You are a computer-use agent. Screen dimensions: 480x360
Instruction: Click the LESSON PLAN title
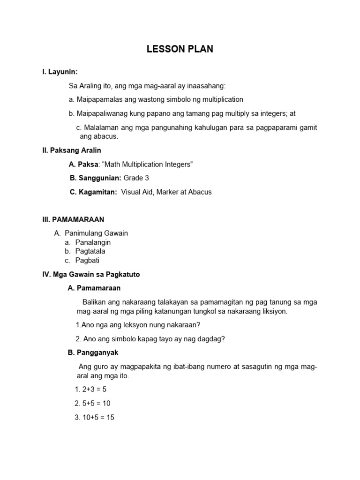click(x=180, y=49)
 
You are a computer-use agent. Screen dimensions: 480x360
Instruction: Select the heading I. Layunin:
click(x=60, y=72)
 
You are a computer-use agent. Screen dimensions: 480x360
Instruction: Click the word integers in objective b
click(x=268, y=113)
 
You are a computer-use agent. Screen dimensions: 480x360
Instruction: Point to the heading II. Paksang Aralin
click(x=72, y=150)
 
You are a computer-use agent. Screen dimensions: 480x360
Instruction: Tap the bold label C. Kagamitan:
click(x=93, y=192)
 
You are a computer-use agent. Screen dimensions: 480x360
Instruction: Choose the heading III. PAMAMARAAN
click(x=73, y=219)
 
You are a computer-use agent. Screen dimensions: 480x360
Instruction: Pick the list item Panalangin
click(x=93, y=242)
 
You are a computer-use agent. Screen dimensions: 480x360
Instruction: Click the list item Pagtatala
click(x=90, y=251)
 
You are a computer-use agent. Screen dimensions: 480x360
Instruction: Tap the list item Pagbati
click(x=87, y=260)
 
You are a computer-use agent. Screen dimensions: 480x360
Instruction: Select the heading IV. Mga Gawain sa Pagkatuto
click(x=91, y=274)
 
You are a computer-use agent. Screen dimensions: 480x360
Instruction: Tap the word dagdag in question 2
click(x=212, y=339)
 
